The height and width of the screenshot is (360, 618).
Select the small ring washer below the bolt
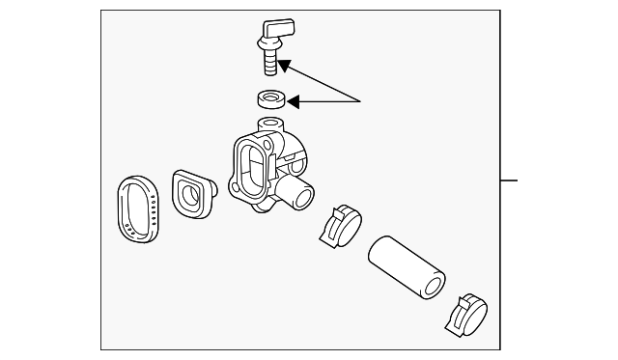[271, 98]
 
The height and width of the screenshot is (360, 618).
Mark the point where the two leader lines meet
[361, 100]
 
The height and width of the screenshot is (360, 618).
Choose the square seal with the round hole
[192, 195]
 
